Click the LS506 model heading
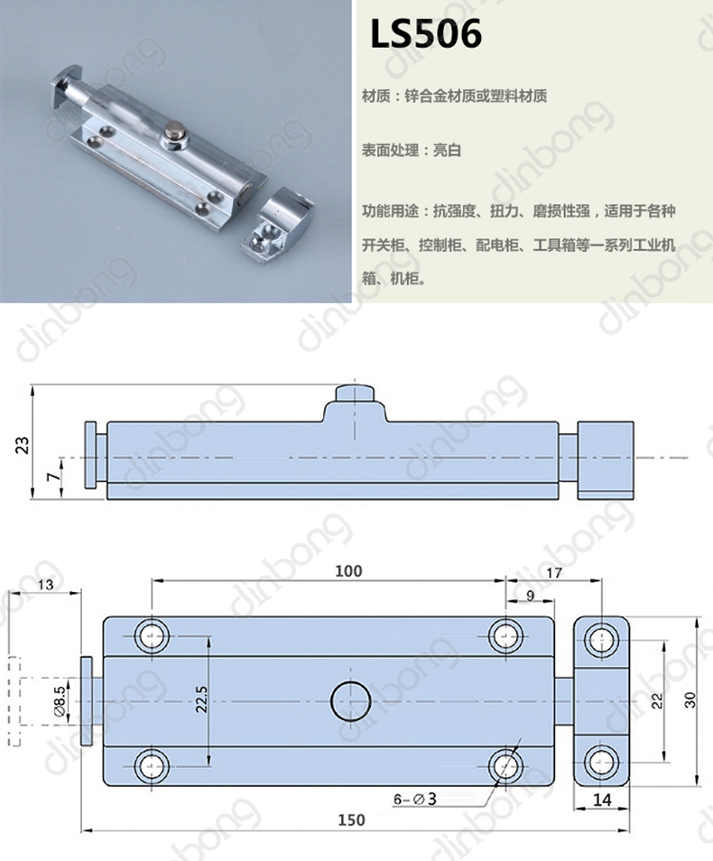(426, 33)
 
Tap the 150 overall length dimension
(351, 819)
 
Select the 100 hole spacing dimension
(348, 571)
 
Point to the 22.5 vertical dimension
(201, 699)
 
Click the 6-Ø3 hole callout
(415, 799)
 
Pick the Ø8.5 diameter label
(60, 699)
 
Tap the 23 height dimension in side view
(23, 444)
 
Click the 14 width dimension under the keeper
(602, 800)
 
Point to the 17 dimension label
(554, 573)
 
